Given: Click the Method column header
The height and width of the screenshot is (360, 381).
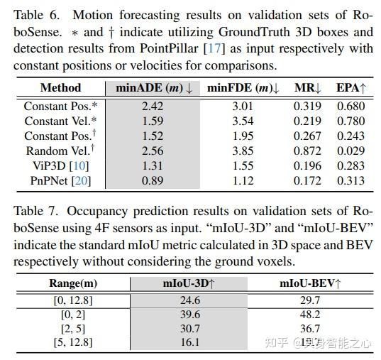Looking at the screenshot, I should [60, 88].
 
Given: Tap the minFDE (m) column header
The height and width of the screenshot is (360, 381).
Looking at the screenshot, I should [243, 88].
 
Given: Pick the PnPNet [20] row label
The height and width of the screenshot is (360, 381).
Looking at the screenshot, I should [60, 180].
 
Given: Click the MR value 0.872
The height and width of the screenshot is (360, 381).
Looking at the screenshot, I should [307, 151].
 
